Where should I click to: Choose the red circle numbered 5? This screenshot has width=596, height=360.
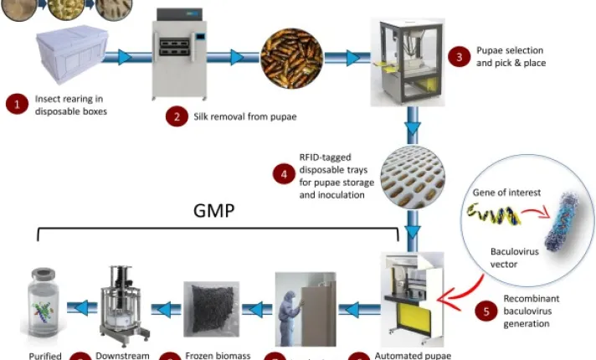486,311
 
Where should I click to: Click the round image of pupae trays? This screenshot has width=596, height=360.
414,177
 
